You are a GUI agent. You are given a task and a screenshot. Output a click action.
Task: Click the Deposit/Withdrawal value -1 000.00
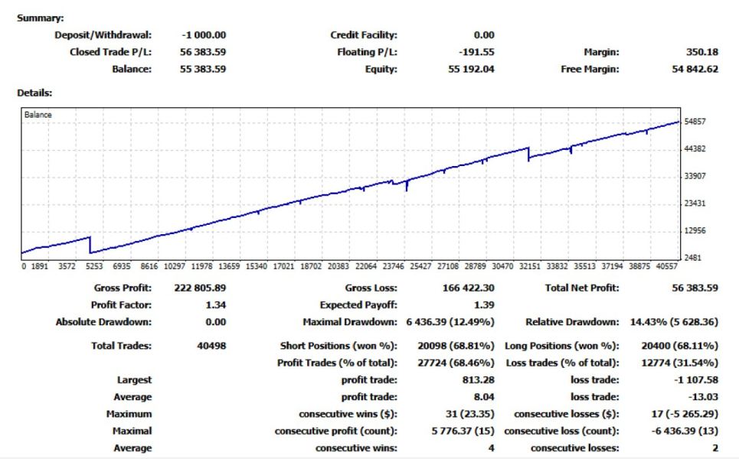204,34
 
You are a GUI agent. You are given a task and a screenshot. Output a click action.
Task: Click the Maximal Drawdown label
350,322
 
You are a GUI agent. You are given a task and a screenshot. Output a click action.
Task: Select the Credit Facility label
364,34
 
